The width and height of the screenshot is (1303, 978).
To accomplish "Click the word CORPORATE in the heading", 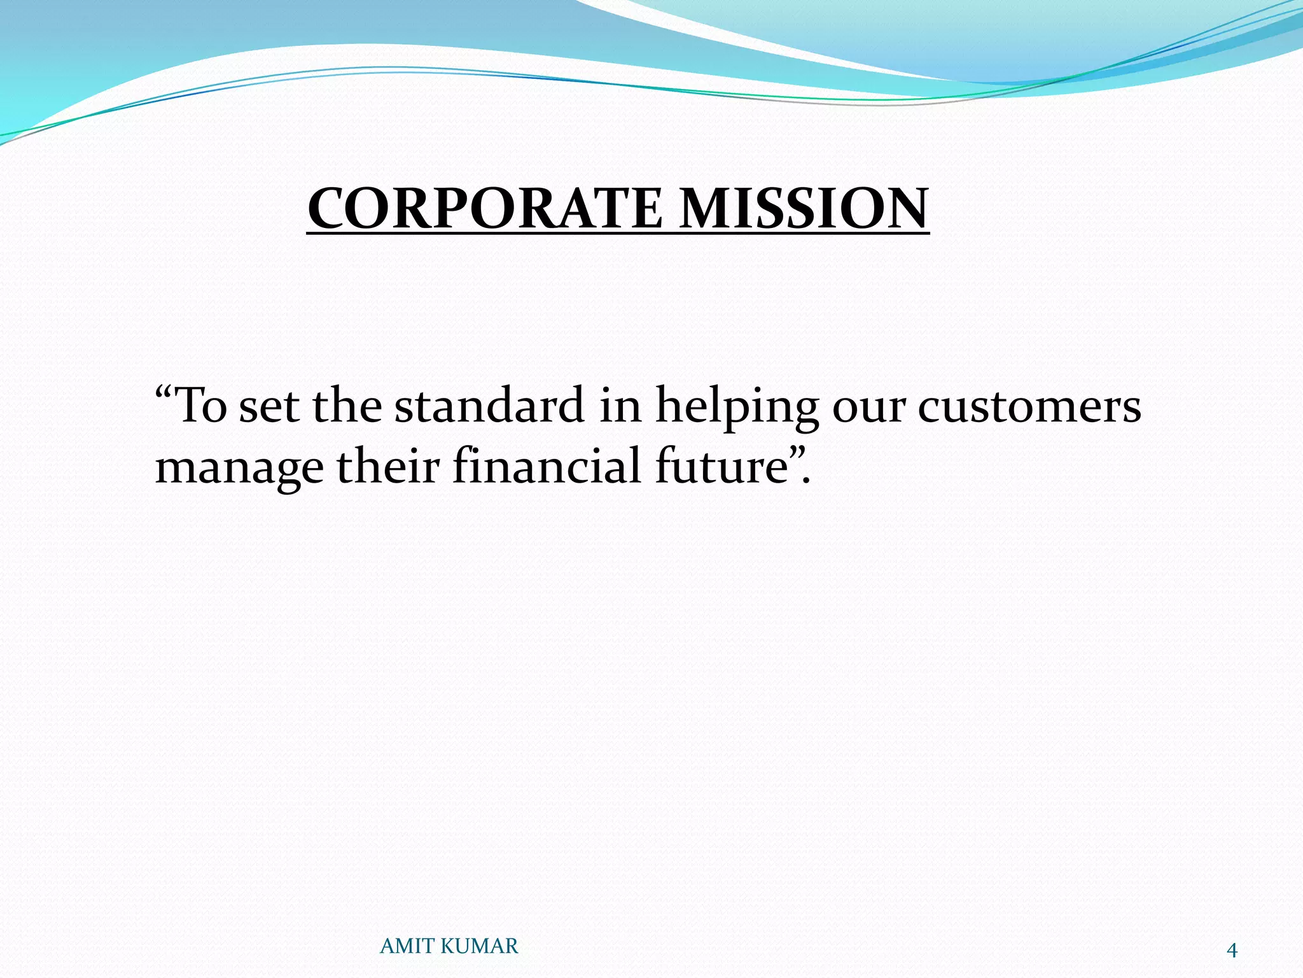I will pyautogui.click(x=485, y=209).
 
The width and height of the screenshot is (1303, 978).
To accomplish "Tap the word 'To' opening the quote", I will pyautogui.click(x=200, y=406).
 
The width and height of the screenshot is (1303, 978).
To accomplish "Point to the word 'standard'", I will pyautogui.click(x=489, y=406).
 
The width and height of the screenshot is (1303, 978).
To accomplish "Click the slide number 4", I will pyautogui.click(x=1232, y=951).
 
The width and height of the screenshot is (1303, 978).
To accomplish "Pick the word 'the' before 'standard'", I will pyautogui.click(x=346, y=406).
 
